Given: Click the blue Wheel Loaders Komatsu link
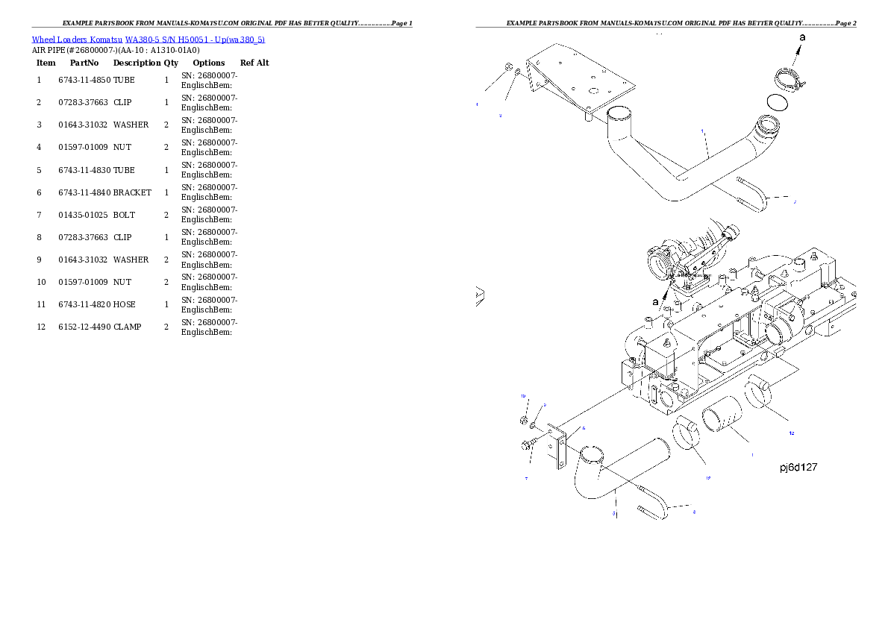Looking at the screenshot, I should tap(148, 40).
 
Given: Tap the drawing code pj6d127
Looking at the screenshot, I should tap(798, 468).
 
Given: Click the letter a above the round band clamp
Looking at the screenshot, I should tap(802, 37).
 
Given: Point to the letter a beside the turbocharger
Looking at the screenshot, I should tap(655, 301).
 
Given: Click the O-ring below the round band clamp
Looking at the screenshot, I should tap(777, 103).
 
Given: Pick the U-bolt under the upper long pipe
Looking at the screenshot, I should tap(753, 193).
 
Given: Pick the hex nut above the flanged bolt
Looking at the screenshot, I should tap(525, 423).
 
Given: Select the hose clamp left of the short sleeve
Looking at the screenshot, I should tap(687, 436).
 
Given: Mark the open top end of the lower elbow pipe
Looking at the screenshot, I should tap(590, 453).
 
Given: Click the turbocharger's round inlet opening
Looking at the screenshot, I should tap(660, 263).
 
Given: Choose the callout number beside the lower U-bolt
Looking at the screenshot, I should tap(695, 512).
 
